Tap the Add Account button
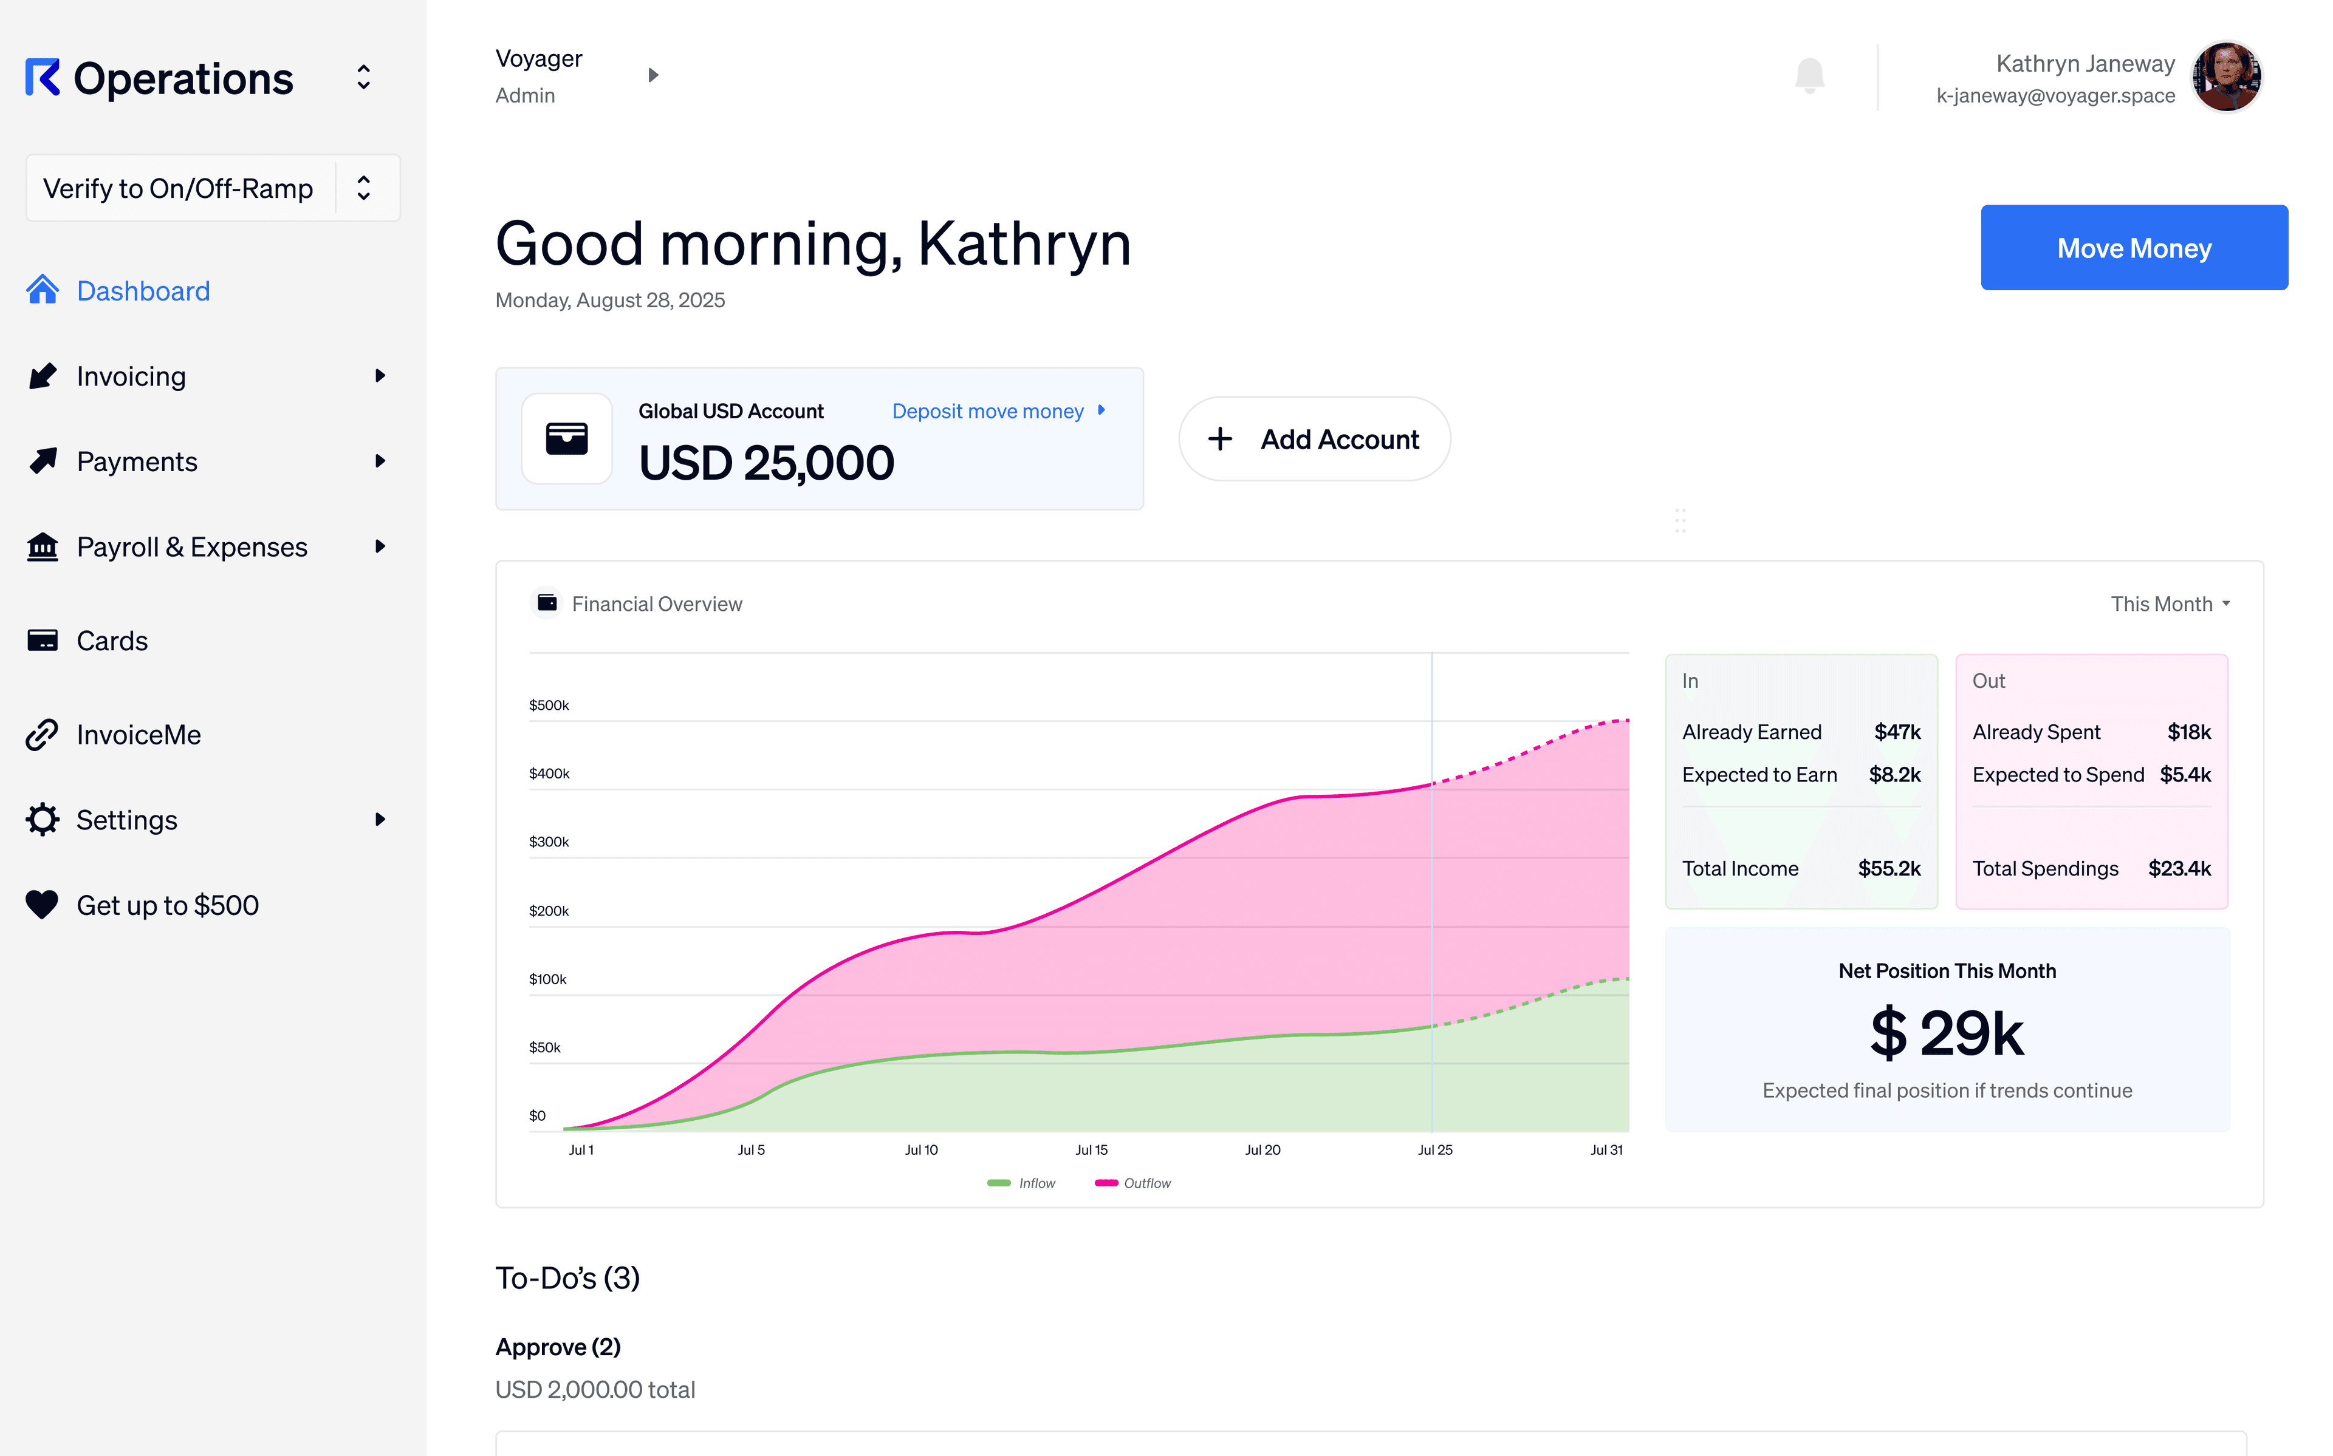(1314, 439)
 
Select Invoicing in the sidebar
(131, 376)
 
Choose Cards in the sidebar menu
(112, 641)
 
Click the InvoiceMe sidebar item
(138, 735)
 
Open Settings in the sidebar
(126, 820)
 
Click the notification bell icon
(1809, 75)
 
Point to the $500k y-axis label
(549, 705)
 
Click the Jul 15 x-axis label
(1091, 1150)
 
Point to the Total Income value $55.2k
(1888, 869)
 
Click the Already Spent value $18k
(2188, 732)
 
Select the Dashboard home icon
(43, 290)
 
